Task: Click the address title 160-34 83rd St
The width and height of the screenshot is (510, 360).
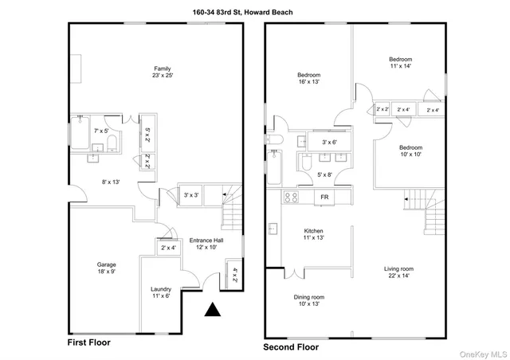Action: tap(255, 10)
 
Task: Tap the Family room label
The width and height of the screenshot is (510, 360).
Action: tap(163, 72)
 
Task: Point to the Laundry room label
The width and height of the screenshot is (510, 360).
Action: tap(161, 292)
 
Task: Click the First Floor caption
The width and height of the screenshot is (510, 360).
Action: tap(89, 342)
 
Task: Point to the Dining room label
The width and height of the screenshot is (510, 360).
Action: tap(309, 300)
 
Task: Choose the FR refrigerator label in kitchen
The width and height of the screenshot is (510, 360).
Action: tap(324, 197)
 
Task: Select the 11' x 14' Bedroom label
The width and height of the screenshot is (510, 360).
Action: tap(400, 64)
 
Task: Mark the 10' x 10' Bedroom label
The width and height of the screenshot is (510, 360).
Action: tap(411, 151)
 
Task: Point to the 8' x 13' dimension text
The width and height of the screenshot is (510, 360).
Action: tap(111, 182)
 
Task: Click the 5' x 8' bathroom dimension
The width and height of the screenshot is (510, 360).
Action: tap(324, 174)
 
